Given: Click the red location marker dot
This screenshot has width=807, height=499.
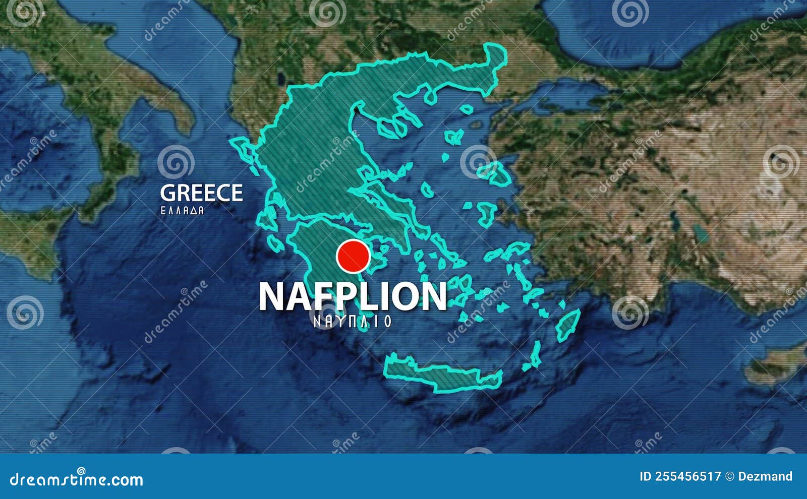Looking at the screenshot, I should point(353,256).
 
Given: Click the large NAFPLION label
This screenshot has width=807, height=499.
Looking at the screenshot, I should point(353,296).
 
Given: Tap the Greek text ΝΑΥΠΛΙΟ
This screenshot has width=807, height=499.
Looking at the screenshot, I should point(353,321).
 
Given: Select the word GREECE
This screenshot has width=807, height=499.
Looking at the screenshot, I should point(201,193).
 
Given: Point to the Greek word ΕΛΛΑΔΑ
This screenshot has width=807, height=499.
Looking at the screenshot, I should point(182,210).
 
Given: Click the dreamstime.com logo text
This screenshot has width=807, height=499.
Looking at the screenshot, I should point(77,479).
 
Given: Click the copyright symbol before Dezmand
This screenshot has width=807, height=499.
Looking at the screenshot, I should point(729,476).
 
